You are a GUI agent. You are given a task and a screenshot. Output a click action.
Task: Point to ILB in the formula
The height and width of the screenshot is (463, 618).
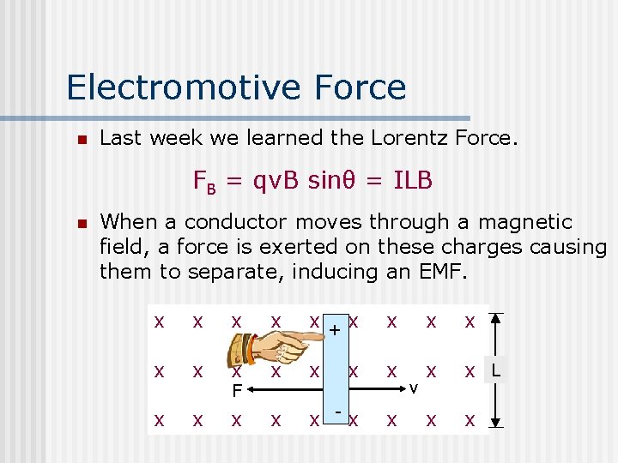[412, 181]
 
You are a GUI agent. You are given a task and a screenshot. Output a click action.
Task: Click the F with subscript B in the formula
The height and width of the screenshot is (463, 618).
[203, 182]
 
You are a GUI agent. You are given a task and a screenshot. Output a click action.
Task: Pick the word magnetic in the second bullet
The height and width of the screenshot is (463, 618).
[524, 222]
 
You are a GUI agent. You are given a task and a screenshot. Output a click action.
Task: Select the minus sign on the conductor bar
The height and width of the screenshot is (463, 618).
[340, 412]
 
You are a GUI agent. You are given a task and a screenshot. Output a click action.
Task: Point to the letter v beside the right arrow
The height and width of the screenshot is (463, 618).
[413, 389]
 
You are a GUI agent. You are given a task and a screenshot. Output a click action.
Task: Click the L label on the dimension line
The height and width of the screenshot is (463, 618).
[496, 370]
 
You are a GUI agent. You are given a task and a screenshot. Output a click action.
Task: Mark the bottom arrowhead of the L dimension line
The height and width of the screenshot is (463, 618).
[502, 423]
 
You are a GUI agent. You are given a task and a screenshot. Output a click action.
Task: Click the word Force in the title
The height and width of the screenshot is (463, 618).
[360, 87]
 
